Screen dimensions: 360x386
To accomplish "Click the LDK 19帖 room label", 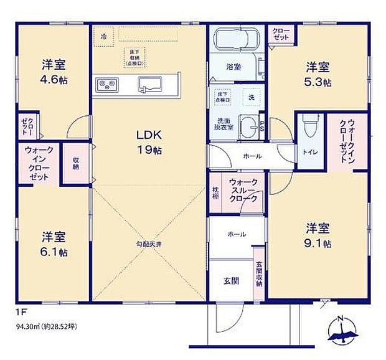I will (149, 141).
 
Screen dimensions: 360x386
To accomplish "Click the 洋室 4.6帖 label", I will (54, 72).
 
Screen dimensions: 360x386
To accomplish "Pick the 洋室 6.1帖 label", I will (54, 244).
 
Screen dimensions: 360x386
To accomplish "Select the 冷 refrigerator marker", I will (104, 36).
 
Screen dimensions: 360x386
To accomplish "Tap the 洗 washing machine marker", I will (252, 98).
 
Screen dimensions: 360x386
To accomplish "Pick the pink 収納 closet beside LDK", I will (76, 163).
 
